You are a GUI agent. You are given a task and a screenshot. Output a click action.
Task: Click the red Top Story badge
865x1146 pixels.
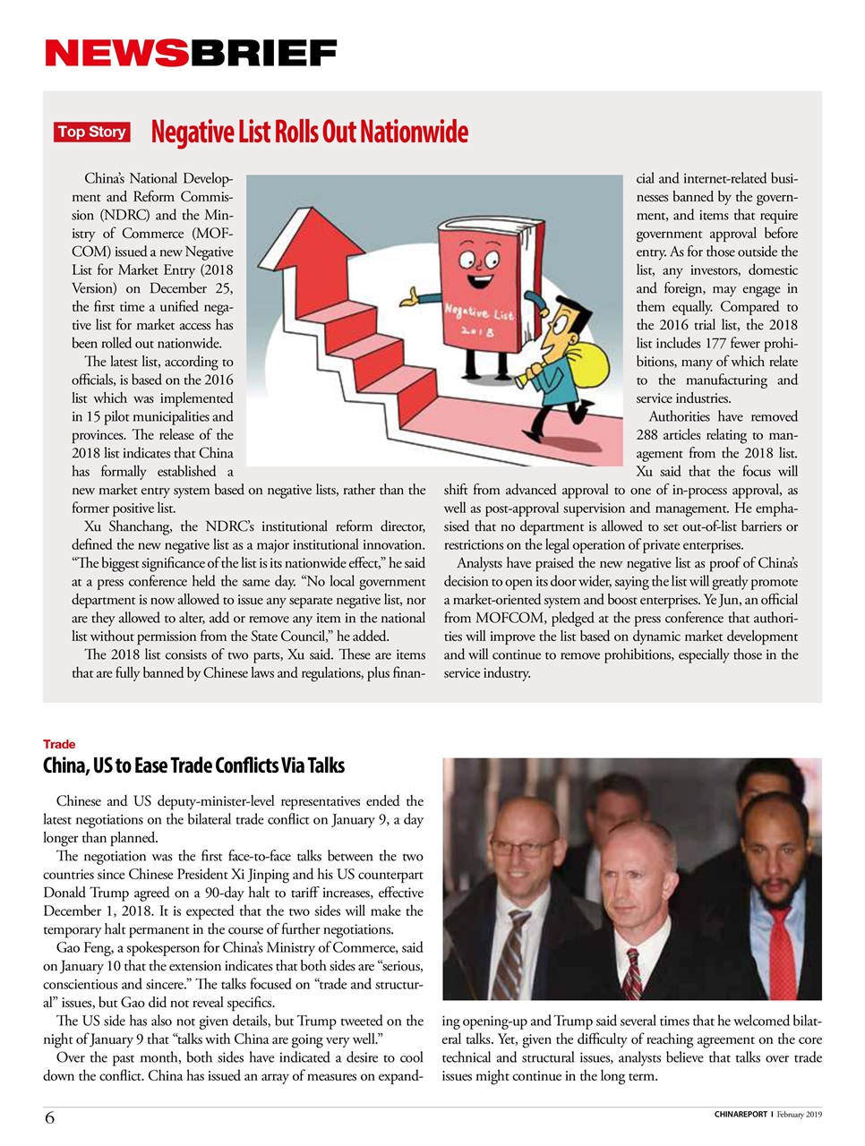pos(91,133)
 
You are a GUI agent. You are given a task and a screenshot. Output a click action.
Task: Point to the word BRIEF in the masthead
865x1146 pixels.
pos(262,54)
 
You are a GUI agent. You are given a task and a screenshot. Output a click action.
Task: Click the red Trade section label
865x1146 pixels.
pos(59,744)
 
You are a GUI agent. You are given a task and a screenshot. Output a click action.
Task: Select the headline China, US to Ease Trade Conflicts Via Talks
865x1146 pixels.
pos(193,765)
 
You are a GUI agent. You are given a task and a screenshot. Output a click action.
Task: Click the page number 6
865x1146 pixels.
pos(49,1117)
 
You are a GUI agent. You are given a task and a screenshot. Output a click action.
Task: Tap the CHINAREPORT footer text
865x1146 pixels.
pos(741,1115)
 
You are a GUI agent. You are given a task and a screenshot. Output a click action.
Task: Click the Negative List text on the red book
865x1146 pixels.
pos(478,312)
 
